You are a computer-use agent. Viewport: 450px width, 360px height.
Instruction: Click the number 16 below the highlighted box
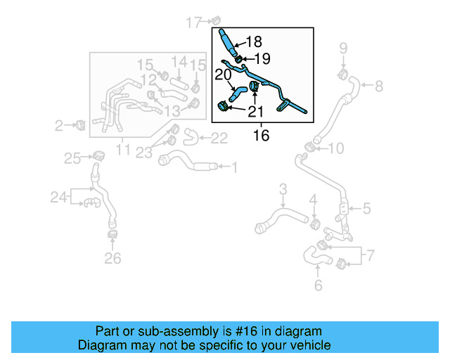[x=261, y=136]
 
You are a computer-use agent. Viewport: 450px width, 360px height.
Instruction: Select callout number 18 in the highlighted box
[x=253, y=41]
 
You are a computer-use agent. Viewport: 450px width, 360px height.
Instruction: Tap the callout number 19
[x=261, y=58]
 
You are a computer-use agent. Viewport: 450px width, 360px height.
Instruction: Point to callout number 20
[x=223, y=74]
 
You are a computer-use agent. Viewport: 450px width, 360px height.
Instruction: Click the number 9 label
[x=343, y=49]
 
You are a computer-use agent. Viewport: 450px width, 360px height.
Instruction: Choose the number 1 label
[x=234, y=167]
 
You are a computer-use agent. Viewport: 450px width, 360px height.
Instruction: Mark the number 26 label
[x=112, y=259]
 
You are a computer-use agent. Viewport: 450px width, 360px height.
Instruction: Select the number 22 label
[x=219, y=139]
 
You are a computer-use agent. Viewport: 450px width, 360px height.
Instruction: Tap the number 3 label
[x=283, y=188]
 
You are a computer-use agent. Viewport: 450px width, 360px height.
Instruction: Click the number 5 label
[x=367, y=208]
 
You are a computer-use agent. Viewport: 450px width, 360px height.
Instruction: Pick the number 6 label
[x=318, y=285]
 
